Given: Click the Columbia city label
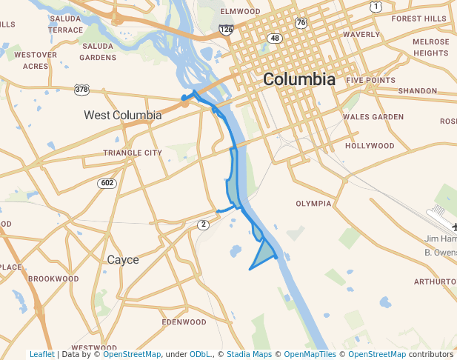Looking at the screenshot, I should pos(298,79).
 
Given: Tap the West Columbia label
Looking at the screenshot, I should pos(122,115).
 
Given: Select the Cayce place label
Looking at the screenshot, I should pos(123,260).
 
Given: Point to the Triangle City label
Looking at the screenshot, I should pos(133,153).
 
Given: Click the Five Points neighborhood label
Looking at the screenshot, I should pos(371,80).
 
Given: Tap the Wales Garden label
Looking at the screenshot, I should pos(373,116).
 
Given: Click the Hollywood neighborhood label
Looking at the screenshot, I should pos(370,146).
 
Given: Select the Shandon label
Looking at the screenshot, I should pos(418,90).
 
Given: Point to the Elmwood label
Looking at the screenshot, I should pos(240,11).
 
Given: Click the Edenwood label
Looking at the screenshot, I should pos(184,322).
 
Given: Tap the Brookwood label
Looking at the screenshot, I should pos(53,279).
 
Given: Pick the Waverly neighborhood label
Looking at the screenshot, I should pos(361,34).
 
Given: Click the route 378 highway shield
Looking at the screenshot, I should pos(81,90).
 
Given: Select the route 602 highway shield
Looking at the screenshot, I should pos(108,183).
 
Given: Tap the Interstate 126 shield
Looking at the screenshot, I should pos(226,30).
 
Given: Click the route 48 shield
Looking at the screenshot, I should pos(276,38).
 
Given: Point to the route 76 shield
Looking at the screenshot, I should pos(300,23).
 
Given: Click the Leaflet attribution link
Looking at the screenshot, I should pos(41,354).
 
